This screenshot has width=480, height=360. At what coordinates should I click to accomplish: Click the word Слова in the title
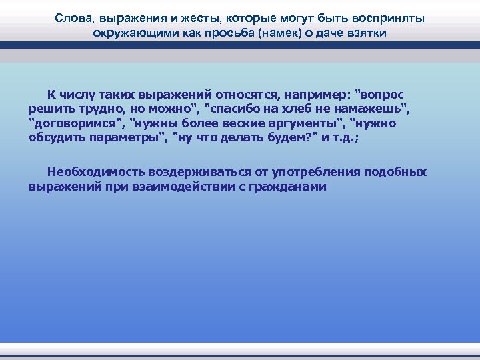pos(71,19)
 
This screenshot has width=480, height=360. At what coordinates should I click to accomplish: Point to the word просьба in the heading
pos(211,33)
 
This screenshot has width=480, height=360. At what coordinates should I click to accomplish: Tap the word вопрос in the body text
pos(379,94)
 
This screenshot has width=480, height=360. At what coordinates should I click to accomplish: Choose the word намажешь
pos(373,109)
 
